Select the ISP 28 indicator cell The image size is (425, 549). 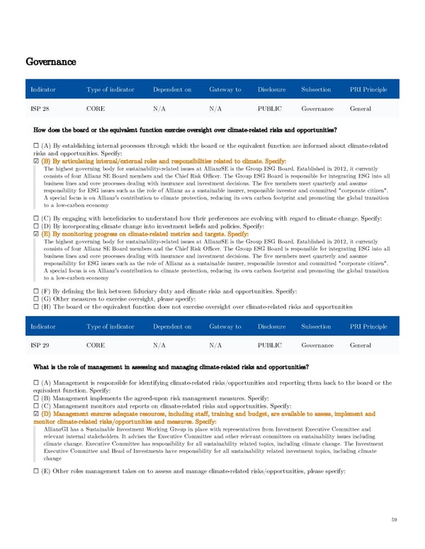[x=40, y=109]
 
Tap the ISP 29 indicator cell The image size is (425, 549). [x=40, y=345]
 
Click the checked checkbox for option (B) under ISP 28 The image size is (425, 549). [x=36, y=161]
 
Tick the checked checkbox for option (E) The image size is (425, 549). [x=36, y=234]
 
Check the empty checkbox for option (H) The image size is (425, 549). [x=36, y=307]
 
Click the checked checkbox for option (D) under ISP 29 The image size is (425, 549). [x=36, y=415]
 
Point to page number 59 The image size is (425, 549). [x=394, y=521]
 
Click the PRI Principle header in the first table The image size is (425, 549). [x=368, y=90]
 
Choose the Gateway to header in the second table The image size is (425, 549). [x=225, y=326]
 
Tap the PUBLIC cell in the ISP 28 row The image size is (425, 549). [x=270, y=109]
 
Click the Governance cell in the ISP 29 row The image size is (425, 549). [x=317, y=345]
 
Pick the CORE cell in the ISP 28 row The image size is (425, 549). [x=96, y=109]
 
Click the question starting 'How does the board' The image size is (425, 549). [x=185, y=129]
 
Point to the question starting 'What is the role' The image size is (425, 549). [x=171, y=366]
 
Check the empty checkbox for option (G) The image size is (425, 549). [x=36, y=299]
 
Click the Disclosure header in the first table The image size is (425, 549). [x=272, y=90]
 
